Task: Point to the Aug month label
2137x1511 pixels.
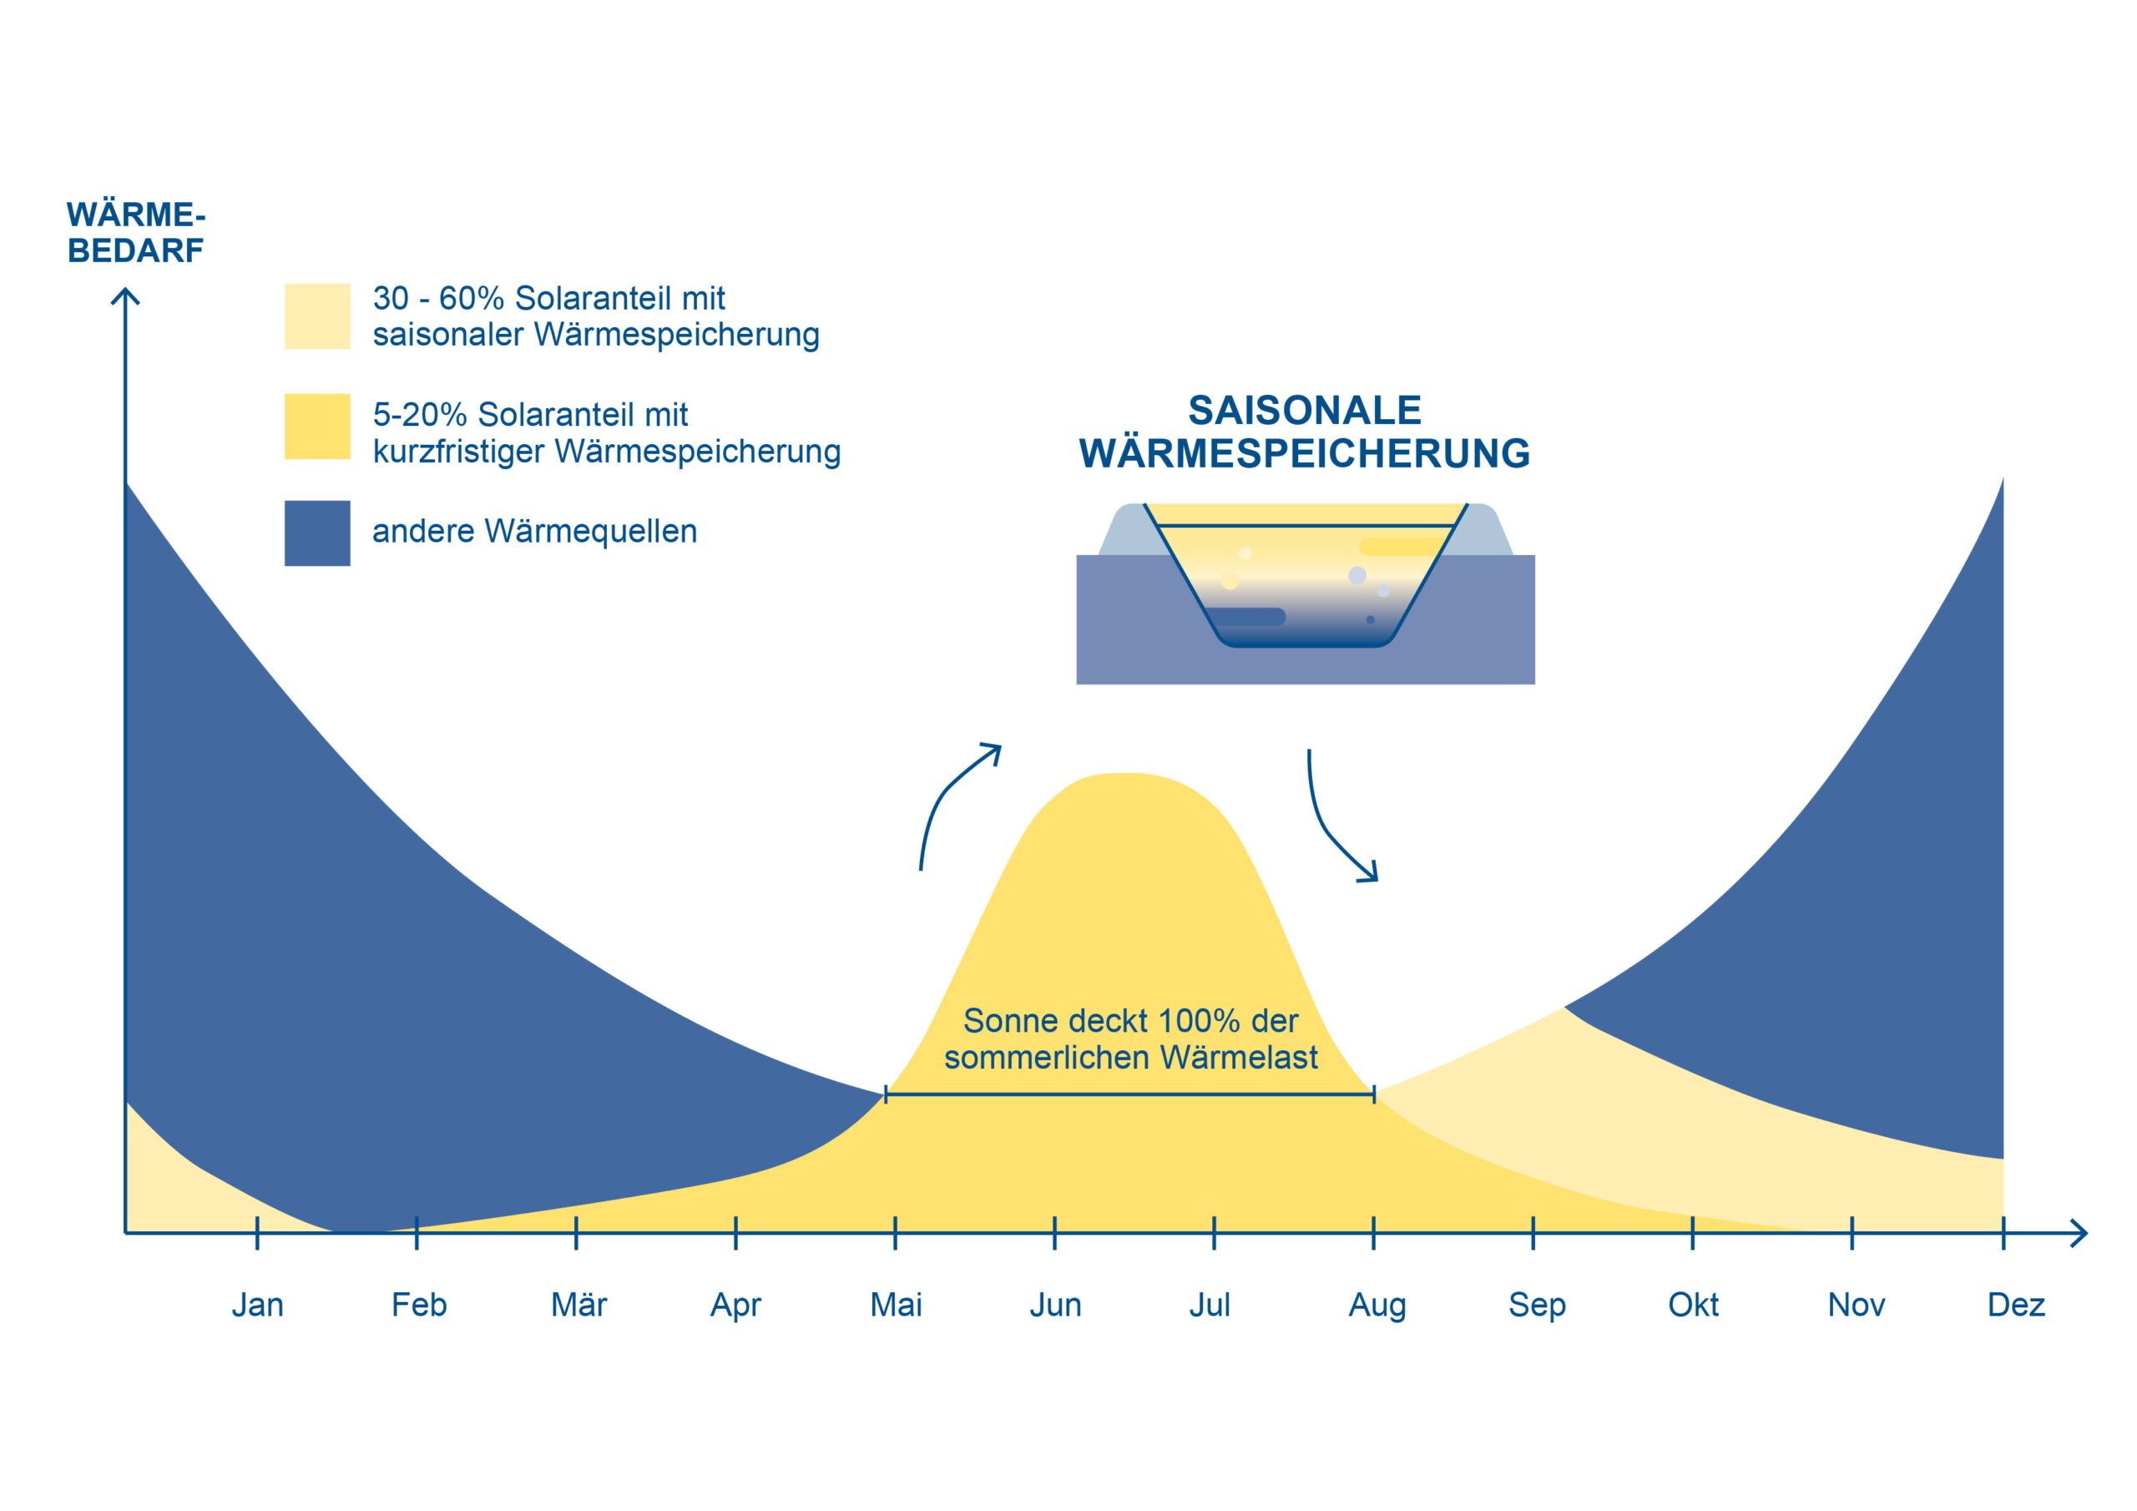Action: point(1377,1306)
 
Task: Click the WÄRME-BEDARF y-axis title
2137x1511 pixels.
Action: point(136,233)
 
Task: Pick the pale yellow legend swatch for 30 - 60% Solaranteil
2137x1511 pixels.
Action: point(317,316)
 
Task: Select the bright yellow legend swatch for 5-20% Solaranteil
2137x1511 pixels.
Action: point(317,427)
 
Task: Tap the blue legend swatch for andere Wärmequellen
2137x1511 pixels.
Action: point(317,533)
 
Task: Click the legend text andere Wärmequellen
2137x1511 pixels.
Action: point(534,532)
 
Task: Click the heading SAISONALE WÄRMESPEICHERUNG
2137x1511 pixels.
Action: point(1304,432)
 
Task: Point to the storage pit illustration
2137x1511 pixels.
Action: point(1305,592)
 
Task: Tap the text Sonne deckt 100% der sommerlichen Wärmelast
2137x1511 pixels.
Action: point(1130,1039)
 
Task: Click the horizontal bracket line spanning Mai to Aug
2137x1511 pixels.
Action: point(1130,1096)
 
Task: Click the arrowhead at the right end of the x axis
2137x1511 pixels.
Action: point(2078,1235)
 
